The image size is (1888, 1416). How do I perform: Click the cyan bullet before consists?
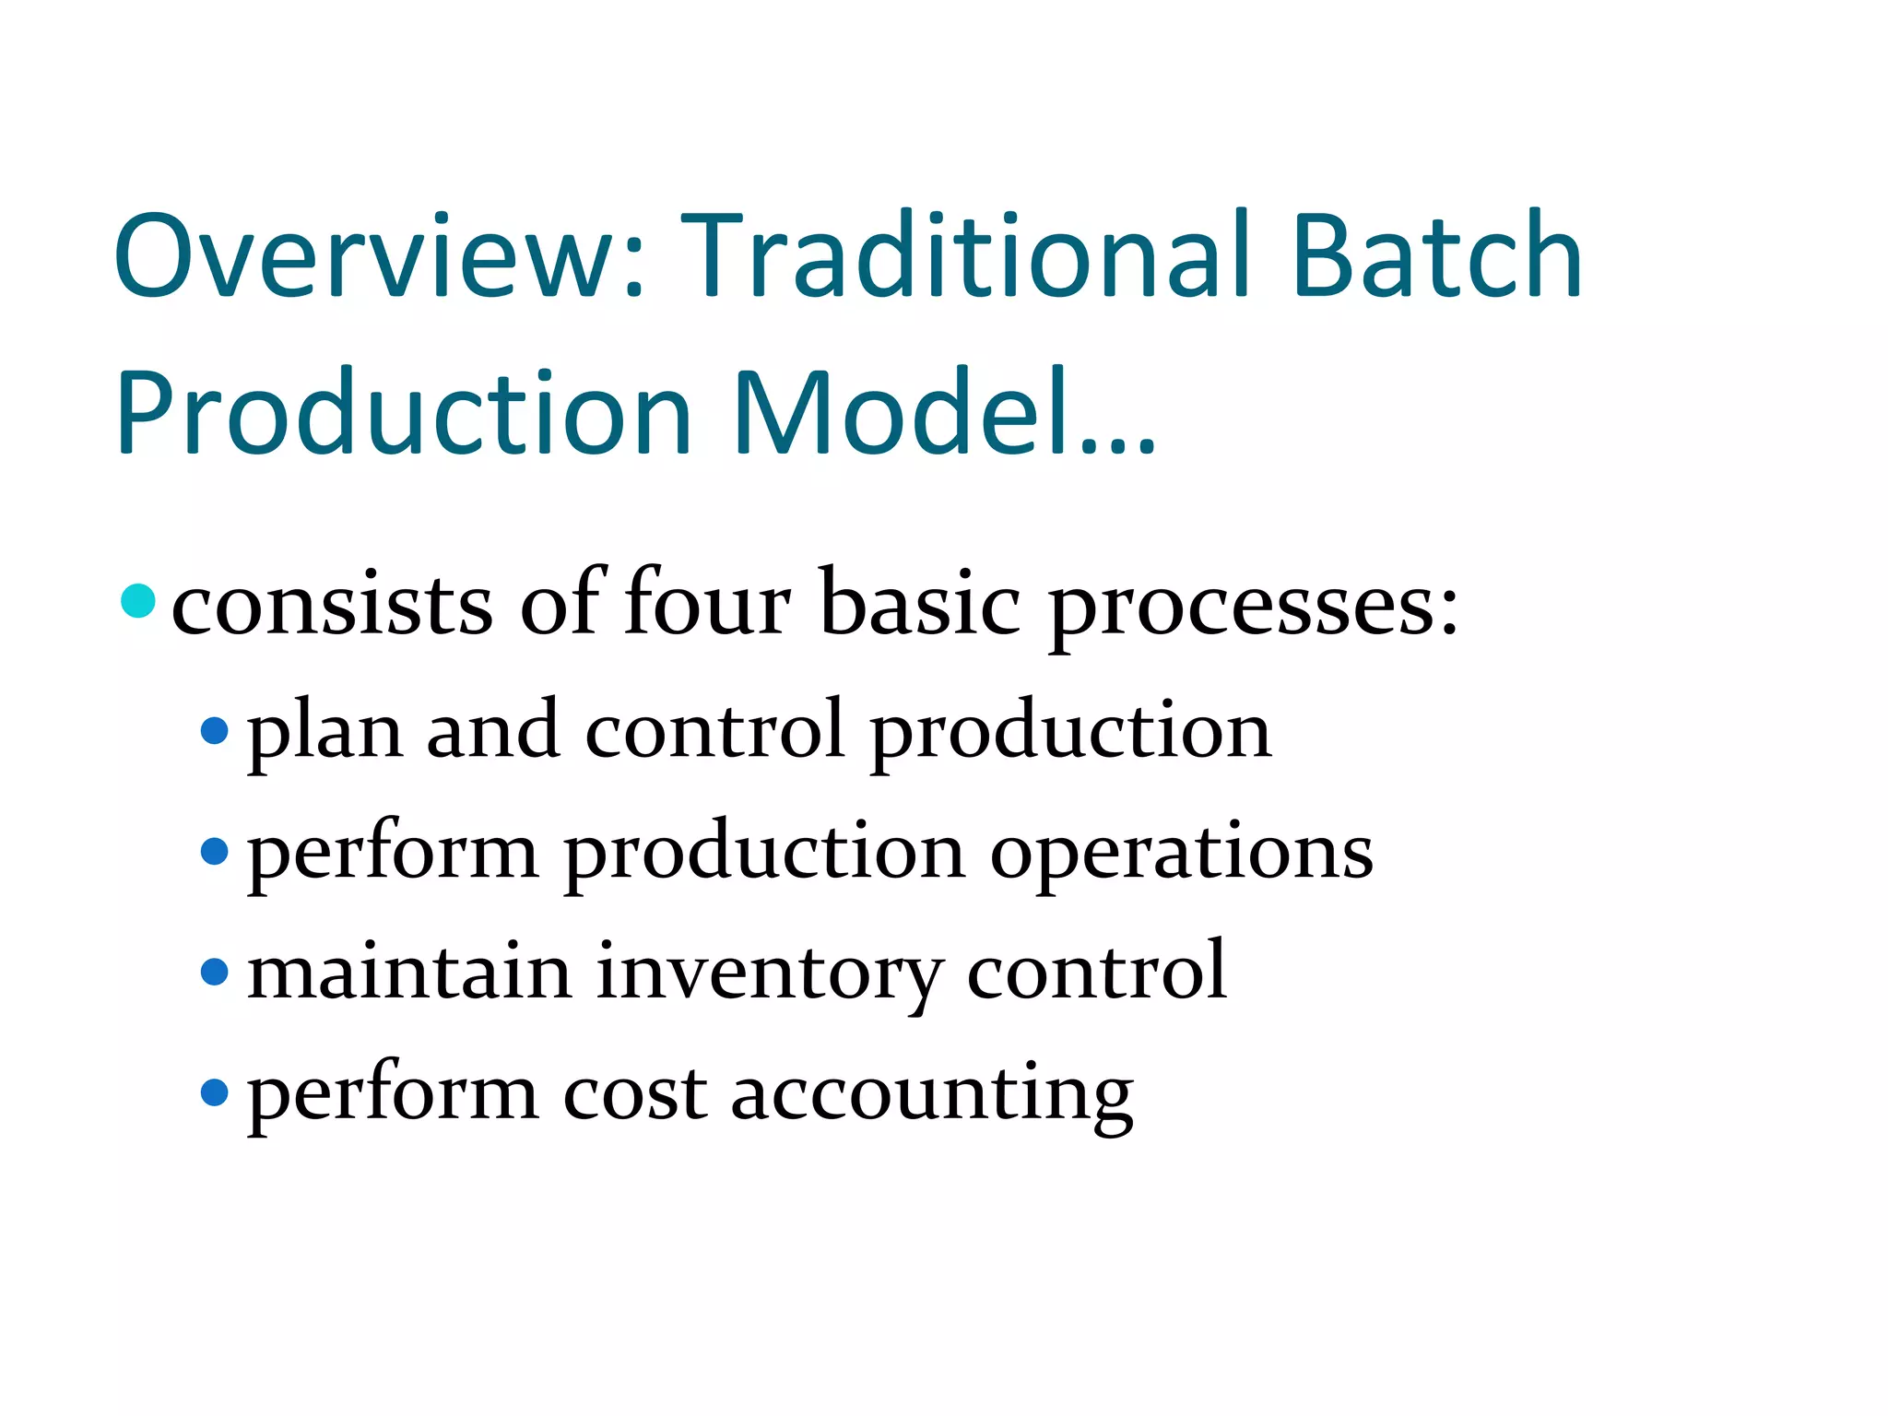coord(138,601)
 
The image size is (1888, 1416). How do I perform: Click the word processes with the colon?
coord(1254,608)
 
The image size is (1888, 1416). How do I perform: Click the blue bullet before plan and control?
coord(214,731)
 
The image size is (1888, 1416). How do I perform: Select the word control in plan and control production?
coord(714,731)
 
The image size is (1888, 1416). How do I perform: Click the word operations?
coord(1181,853)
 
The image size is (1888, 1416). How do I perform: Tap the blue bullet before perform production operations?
coord(214,851)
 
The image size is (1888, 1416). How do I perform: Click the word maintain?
coord(409,972)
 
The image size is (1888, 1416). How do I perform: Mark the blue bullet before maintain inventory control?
coord(214,972)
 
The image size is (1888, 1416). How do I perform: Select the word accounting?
coord(931,1096)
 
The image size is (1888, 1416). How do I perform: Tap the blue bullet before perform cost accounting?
coord(214,1092)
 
